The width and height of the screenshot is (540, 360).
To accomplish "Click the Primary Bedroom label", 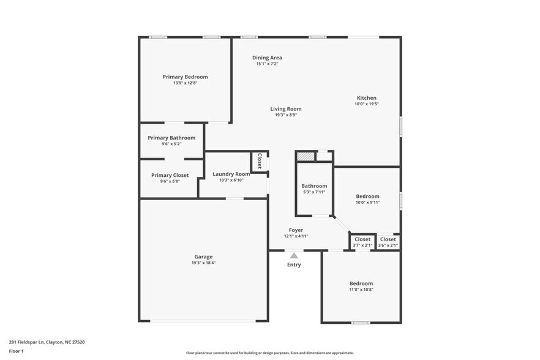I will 185,77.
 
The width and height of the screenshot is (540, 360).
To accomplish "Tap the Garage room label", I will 204,257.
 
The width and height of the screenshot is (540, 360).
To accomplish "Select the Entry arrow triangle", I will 294,256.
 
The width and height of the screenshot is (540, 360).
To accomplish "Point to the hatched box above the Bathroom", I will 306,156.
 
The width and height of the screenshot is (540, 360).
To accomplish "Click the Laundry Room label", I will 231,174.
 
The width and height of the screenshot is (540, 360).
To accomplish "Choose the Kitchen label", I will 367,98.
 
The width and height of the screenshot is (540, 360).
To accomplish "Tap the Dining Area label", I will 267,58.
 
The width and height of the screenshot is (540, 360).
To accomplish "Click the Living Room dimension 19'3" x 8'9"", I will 286,115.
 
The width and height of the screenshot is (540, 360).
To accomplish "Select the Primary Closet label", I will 170,175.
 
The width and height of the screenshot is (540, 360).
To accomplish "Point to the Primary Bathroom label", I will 171,138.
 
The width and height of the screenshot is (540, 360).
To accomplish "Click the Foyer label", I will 296,230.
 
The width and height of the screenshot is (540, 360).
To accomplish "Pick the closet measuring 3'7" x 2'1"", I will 362,242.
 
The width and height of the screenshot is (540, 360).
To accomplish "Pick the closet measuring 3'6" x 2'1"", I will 388,242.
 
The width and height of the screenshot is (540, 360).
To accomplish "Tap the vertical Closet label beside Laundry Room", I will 260,161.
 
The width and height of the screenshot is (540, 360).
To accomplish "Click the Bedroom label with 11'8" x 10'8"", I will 361,283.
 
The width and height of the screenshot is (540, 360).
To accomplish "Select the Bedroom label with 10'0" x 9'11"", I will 368,197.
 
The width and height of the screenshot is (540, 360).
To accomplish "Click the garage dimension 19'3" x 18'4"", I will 204,263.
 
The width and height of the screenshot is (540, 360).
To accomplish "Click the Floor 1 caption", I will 16,351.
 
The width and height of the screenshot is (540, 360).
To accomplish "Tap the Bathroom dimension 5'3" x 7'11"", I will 313,192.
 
